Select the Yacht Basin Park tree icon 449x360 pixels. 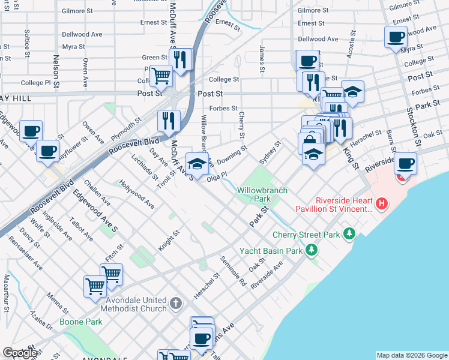[312, 250]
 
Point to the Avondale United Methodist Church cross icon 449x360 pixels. [175, 302]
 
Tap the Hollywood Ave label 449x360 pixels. [136, 194]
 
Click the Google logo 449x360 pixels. [20, 353]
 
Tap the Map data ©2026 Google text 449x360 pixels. [411, 355]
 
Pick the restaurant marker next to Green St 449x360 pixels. [182, 59]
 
